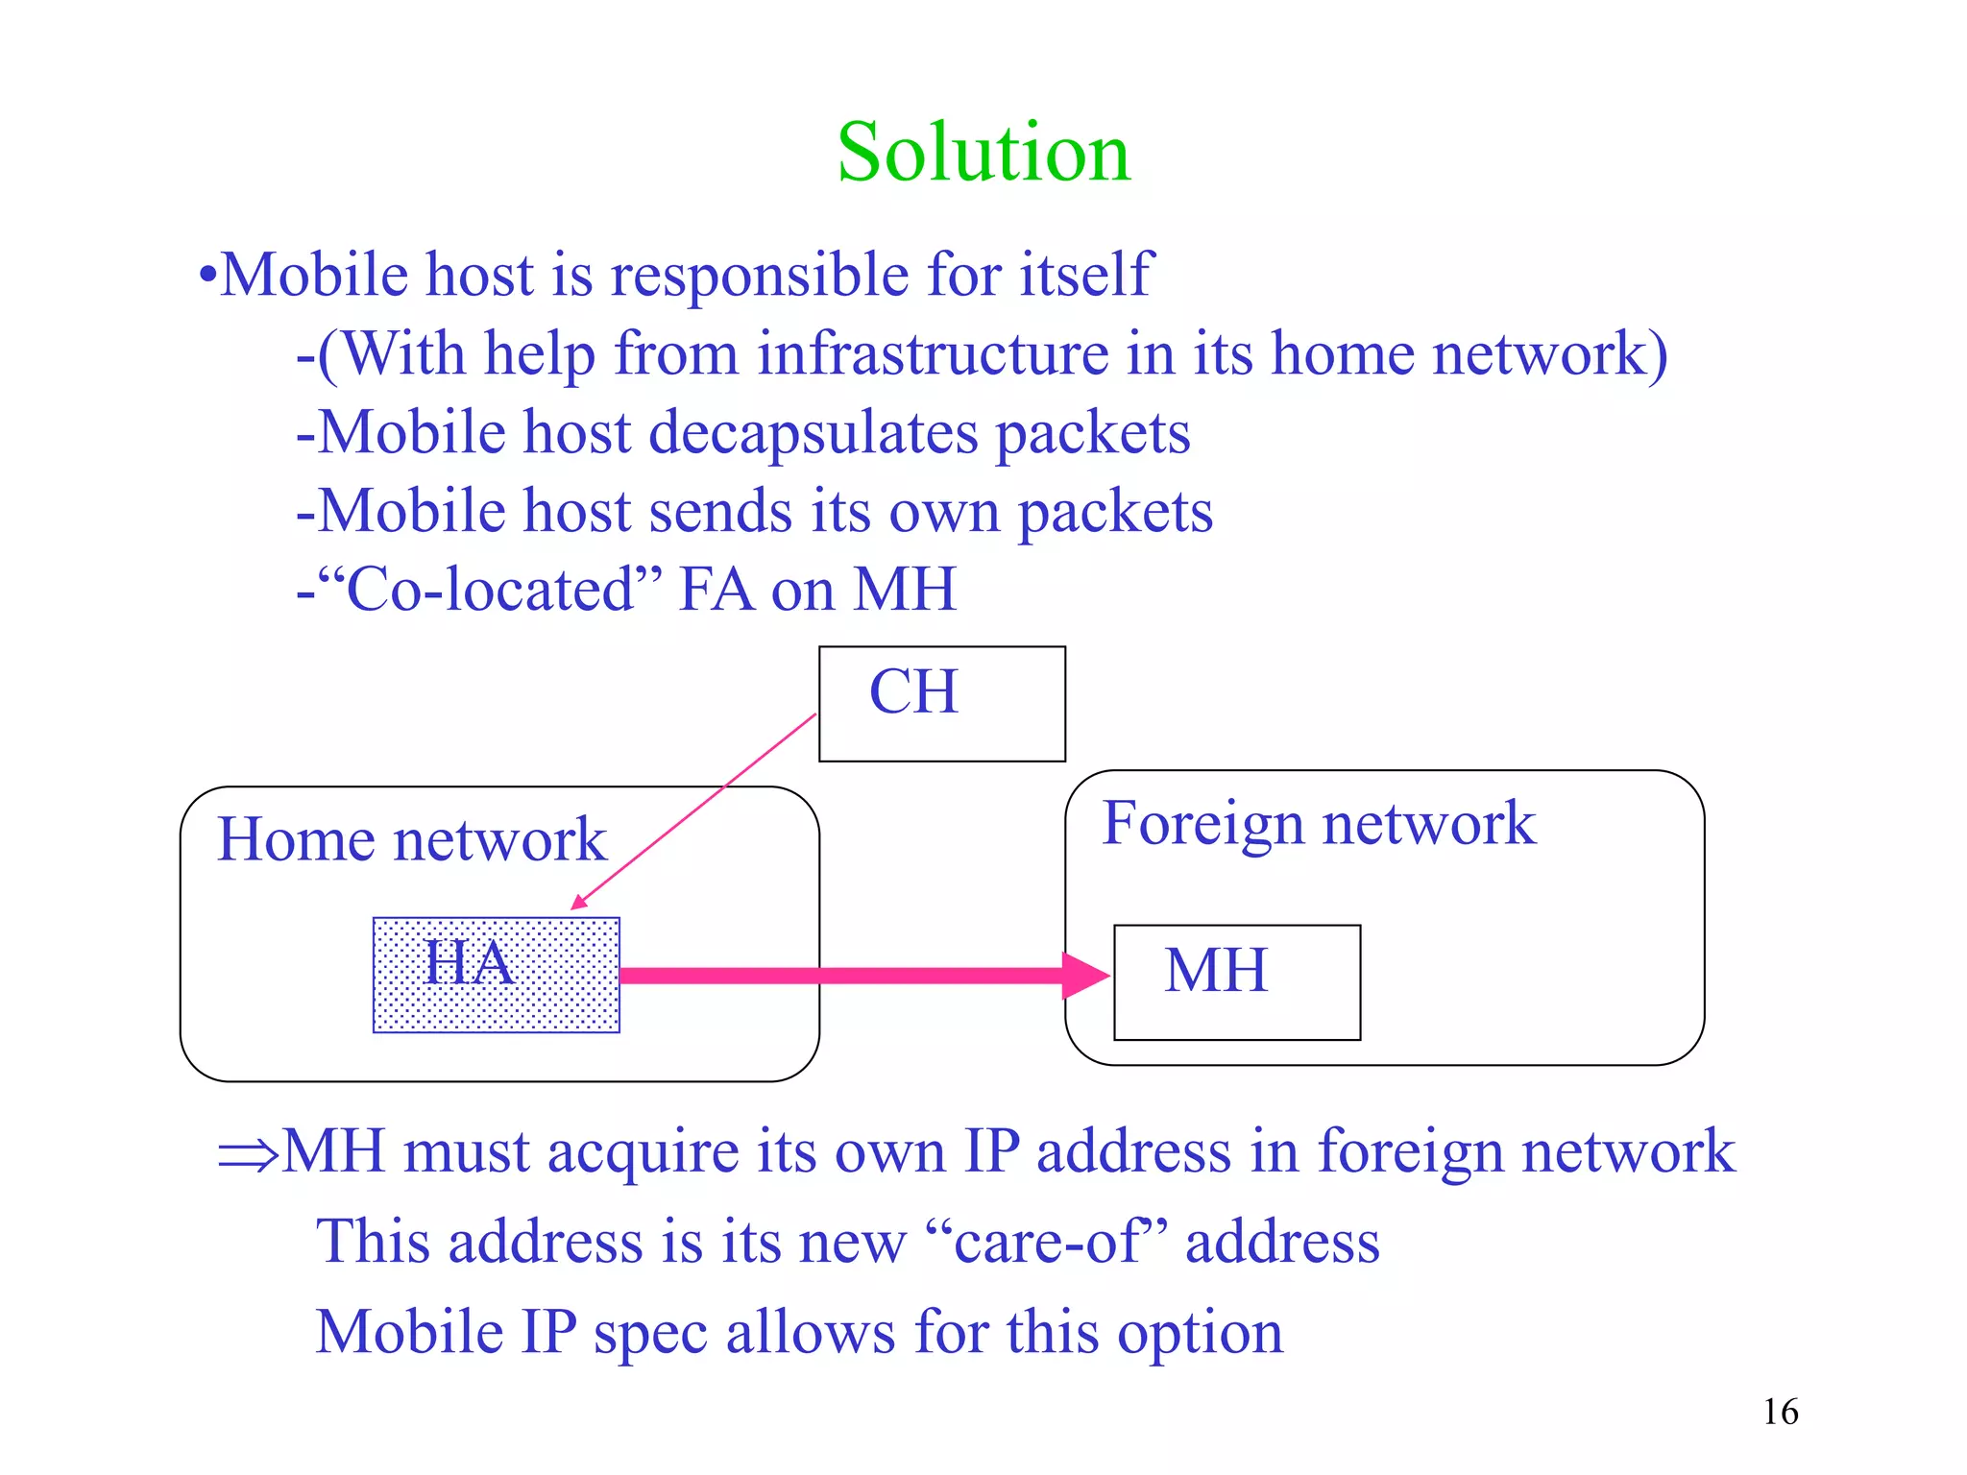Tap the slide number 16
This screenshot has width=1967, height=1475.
point(1780,1412)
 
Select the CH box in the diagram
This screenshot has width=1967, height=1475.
point(941,703)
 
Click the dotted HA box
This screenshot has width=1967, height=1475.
point(496,975)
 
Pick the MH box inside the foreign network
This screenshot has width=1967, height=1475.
point(1236,981)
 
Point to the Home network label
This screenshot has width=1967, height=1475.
point(411,839)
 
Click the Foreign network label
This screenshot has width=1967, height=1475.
point(1318,823)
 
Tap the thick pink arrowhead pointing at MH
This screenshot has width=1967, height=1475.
point(1085,976)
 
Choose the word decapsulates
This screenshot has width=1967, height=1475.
point(813,433)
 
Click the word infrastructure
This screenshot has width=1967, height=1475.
point(932,353)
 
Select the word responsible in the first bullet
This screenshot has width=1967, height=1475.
point(760,276)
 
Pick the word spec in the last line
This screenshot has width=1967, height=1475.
point(649,1333)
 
